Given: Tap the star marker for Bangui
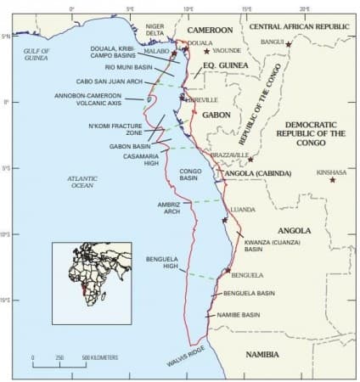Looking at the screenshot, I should coord(289,43).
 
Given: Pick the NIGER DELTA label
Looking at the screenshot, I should coord(155,31).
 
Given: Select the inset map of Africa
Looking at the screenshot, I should coord(92,283).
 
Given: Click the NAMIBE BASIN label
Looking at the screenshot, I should coord(240,314).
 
